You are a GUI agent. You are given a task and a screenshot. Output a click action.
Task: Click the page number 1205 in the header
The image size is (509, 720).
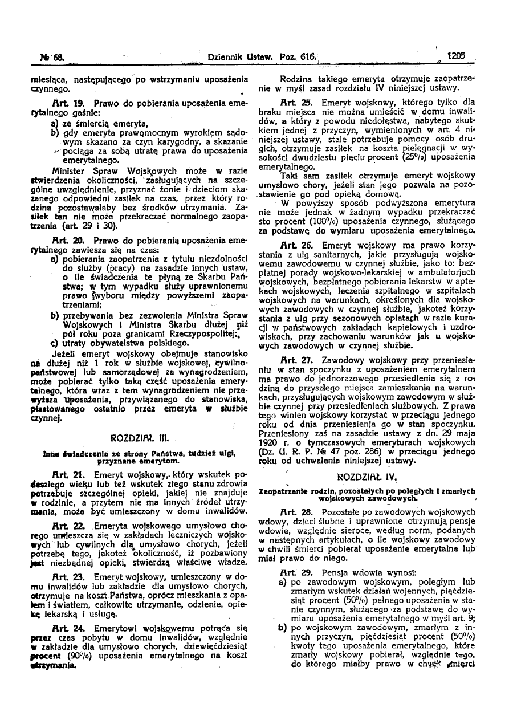456,56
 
